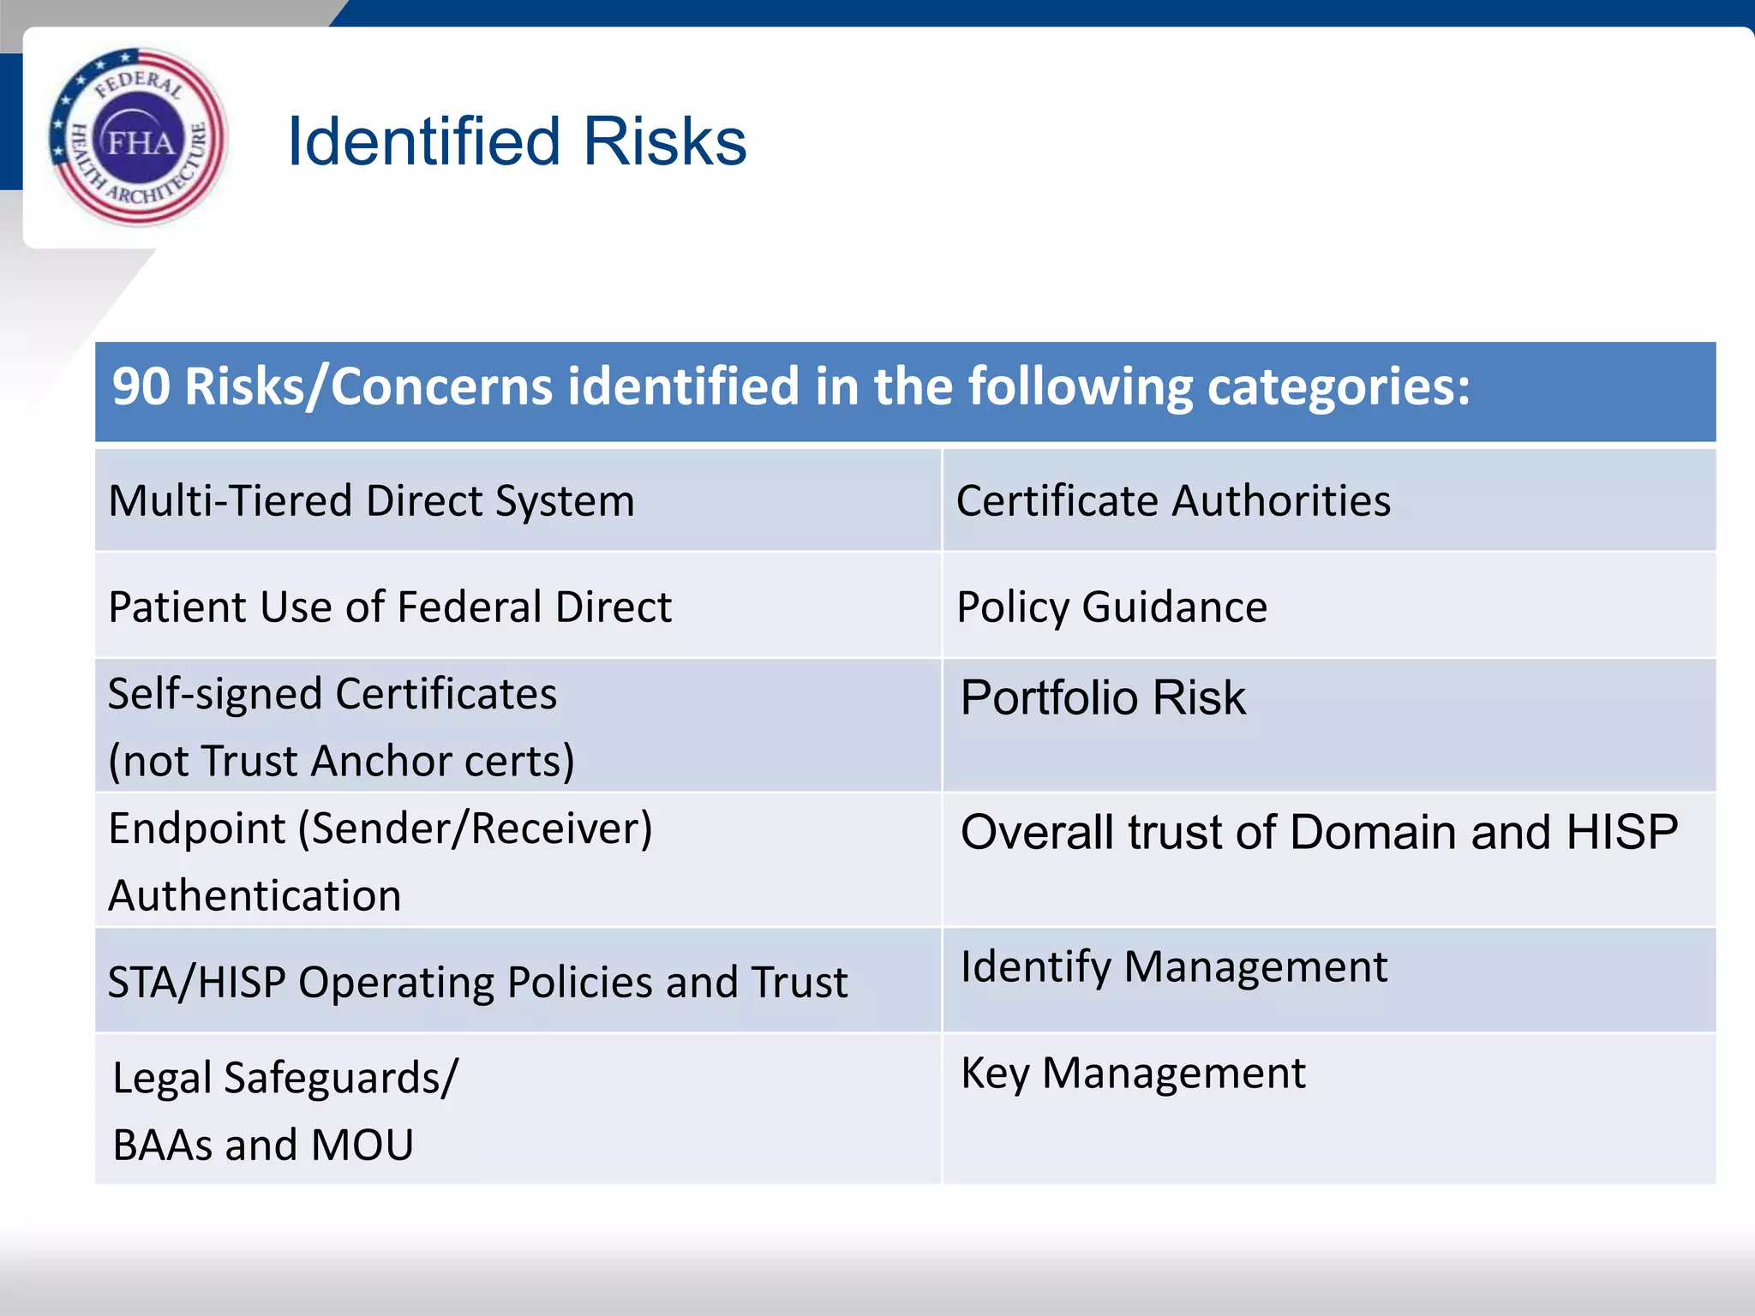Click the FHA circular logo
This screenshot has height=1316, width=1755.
[x=138, y=137]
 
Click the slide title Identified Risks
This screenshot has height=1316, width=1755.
[x=517, y=141]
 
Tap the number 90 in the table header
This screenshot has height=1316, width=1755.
[x=141, y=387]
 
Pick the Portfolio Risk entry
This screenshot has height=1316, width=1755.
[x=1103, y=697]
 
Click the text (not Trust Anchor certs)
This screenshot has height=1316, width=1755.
[x=341, y=761]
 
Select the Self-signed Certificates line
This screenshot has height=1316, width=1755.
[x=332, y=694]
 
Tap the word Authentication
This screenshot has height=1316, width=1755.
[x=255, y=896]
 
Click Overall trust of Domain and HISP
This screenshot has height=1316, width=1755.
[x=1319, y=832]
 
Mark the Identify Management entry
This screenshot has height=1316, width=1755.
[x=1173, y=967]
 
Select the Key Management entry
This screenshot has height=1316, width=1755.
[x=1133, y=1074]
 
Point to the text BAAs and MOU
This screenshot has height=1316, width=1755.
[x=263, y=1146]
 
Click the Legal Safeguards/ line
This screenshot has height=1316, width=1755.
[x=285, y=1079]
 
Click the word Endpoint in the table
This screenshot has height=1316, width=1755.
[x=197, y=829]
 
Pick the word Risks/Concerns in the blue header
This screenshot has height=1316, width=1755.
[x=368, y=387]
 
